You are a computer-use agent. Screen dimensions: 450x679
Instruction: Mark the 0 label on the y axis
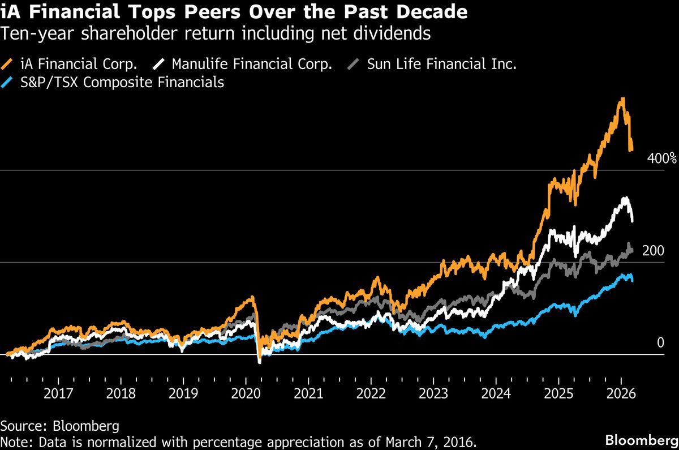click(x=660, y=342)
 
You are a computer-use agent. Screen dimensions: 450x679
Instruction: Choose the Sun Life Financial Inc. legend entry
click(x=441, y=63)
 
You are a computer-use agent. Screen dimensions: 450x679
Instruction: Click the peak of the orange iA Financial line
click(x=622, y=99)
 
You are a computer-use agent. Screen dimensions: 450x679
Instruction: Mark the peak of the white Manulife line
click(x=625, y=198)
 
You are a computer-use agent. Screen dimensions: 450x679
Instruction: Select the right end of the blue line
click(x=632, y=280)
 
